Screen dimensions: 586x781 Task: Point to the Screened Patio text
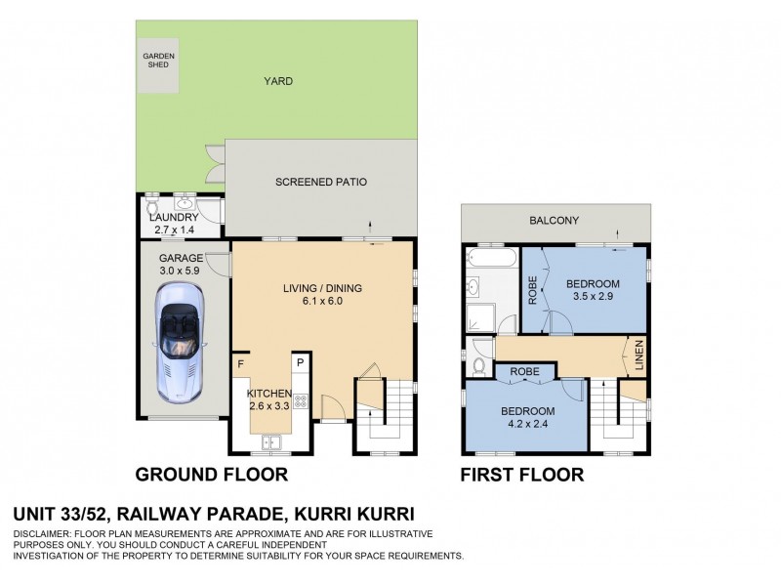[320, 183]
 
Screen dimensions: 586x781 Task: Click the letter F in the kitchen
[240, 364]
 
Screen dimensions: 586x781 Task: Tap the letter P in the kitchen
[301, 364]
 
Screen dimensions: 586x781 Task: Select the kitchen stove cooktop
[301, 401]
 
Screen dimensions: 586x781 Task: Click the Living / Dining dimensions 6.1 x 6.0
[312, 301]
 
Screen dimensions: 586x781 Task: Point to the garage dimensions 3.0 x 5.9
[179, 272]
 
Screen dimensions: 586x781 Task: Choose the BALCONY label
[555, 221]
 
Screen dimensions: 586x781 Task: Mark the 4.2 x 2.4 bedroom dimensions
[528, 424]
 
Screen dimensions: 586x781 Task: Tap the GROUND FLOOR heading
[211, 476]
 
